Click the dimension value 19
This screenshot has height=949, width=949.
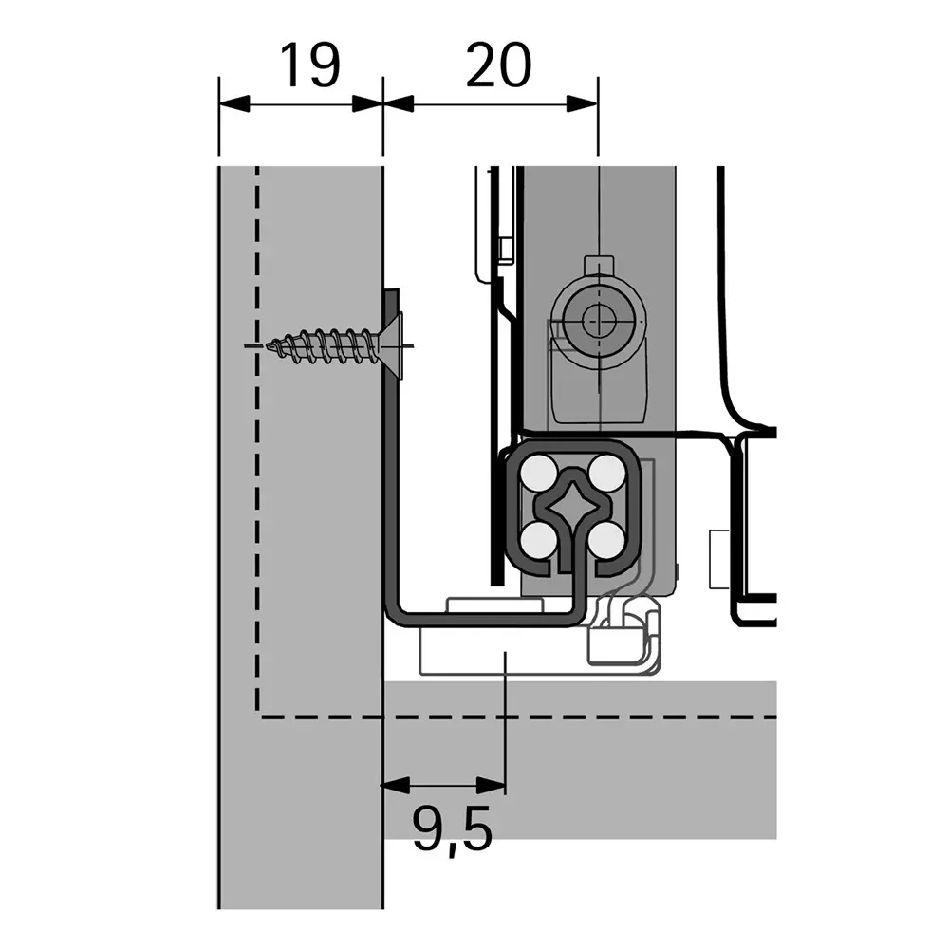point(309,65)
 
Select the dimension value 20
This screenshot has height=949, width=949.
point(499,65)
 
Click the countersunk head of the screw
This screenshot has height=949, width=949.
point(394,345)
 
